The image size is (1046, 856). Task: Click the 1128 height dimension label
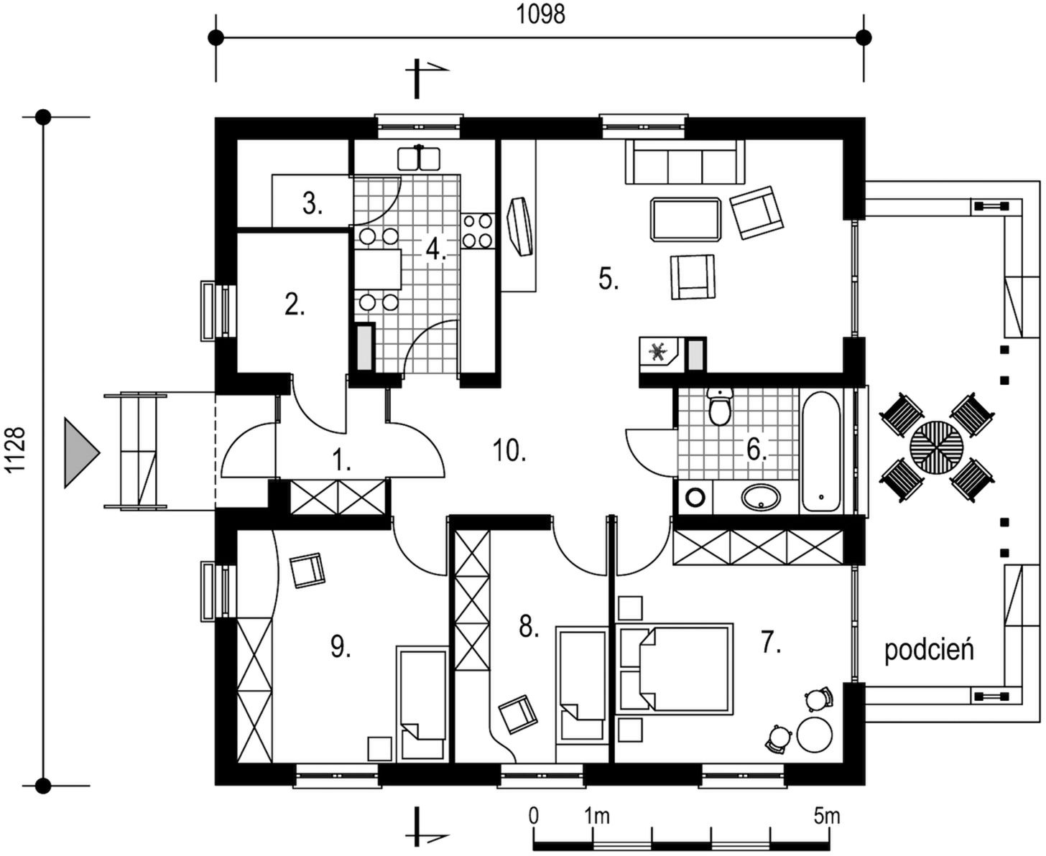tap(17, 450)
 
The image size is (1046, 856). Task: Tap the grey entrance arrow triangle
tap(82, 452)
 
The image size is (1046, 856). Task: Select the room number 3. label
tap(313, 204)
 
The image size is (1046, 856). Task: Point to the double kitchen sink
tap(419, 157)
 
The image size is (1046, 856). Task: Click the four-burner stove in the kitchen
tap(478, 231)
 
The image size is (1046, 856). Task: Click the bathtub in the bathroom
tap(821, 452)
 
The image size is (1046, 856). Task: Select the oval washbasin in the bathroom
tap(761, 496)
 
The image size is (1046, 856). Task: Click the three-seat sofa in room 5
tap(685, 162)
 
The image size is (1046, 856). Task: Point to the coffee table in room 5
tap(686, 220)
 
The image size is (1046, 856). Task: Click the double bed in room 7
tap(675, 669)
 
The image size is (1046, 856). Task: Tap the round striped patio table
tap(936, 447)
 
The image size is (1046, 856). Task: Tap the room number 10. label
tap(509, 451)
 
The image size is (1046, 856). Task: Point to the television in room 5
tap(520, 227)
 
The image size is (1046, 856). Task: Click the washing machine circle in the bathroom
tap(695, 497)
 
